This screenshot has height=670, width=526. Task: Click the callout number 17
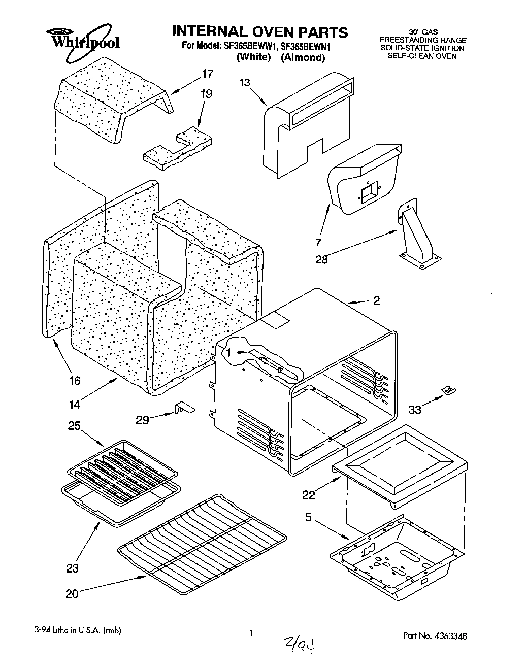(x=207, y=74)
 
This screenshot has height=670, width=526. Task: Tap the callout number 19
(x=206, y=94)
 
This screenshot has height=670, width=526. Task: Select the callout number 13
(x=245, y=83)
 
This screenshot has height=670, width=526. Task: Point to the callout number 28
(x=321, y=260)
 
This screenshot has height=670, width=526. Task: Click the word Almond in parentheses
(x=304, y=57)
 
